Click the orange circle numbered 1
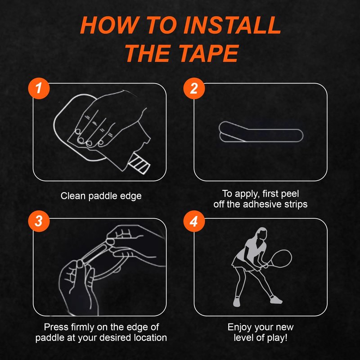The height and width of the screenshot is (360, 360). (39, 88)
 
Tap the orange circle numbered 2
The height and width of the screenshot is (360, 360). (194, 88)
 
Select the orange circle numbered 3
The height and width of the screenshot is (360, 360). (39, 221)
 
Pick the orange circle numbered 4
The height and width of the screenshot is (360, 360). (194, 221)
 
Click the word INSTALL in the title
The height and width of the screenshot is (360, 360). (232, 25)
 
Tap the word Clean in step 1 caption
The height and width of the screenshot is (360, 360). (73, 196)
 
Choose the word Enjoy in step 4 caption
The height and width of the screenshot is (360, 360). (239, 327)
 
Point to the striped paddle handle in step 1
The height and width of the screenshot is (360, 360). (139, 164)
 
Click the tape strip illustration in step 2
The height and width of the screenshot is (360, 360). (261, 132)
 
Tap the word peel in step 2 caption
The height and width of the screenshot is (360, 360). (290, 193)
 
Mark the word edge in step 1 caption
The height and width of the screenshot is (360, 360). (132, 196)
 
